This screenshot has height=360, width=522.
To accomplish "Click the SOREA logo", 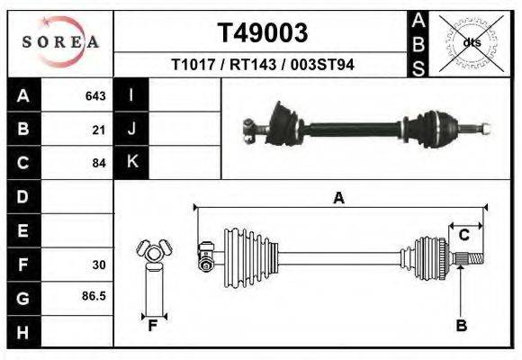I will pos(59,42).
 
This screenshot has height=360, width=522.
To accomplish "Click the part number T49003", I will pos(263,32).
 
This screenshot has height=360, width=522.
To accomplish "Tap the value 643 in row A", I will pos(95,95).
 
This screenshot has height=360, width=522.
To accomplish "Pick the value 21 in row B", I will pos(99,129).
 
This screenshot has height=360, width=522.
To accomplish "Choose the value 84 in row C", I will pos(99,163).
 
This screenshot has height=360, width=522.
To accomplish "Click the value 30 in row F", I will pos(99,265).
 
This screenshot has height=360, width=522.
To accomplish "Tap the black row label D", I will pos(23,196).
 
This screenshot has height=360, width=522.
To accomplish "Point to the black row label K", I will pos(131,163).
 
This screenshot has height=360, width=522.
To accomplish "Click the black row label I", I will pos(131,95).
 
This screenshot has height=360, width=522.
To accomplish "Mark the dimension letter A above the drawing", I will pos(338,198).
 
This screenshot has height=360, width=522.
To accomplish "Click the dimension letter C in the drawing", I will pos(464,236).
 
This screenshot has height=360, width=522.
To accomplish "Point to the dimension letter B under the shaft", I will pos(461,327).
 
